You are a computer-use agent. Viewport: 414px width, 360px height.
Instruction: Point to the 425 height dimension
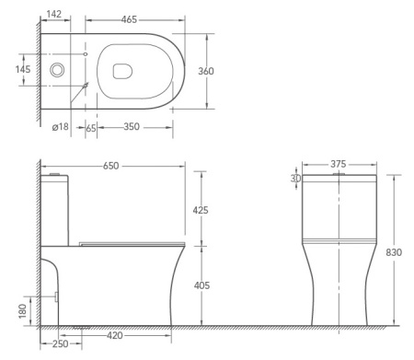pyautogui.click(x=200, y=210)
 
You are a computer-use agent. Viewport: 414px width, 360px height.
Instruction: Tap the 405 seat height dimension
pyautogui.click(x=200, y=286)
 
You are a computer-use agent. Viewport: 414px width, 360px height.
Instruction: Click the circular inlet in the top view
pyautogui.click(x=59, y=70)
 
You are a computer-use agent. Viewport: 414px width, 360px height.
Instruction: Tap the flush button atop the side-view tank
pyautogui.click(x=56, y=173)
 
